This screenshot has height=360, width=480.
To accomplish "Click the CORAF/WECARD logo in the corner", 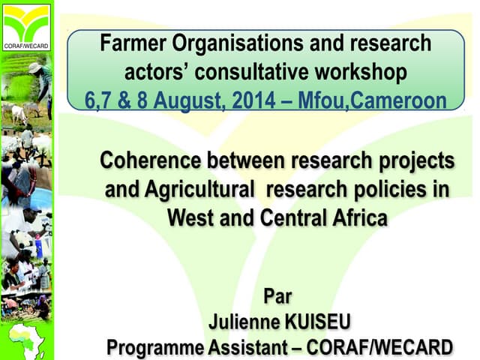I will click(26, 25).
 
